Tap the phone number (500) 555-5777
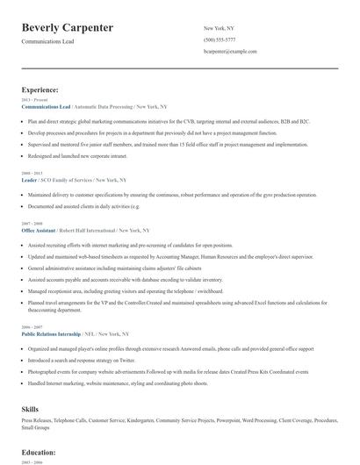coord(219,40)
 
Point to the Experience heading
coord(40,89)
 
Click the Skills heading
coord(31,410)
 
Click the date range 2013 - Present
coord(32,98)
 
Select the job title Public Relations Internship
coord(55,334)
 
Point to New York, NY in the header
coord(219,28)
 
